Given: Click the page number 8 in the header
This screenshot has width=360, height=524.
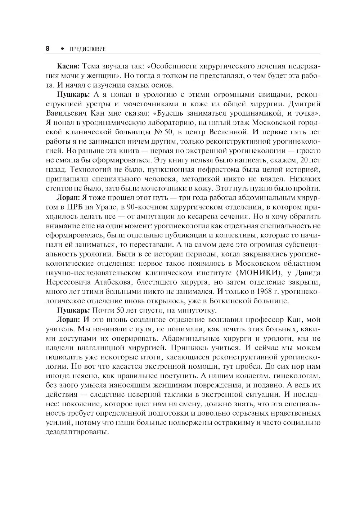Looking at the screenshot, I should click(x=48, y=49).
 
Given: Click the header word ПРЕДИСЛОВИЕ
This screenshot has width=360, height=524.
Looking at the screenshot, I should click(x=87, y=49).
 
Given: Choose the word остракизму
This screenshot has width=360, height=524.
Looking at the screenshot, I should click(x=229, y=422).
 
